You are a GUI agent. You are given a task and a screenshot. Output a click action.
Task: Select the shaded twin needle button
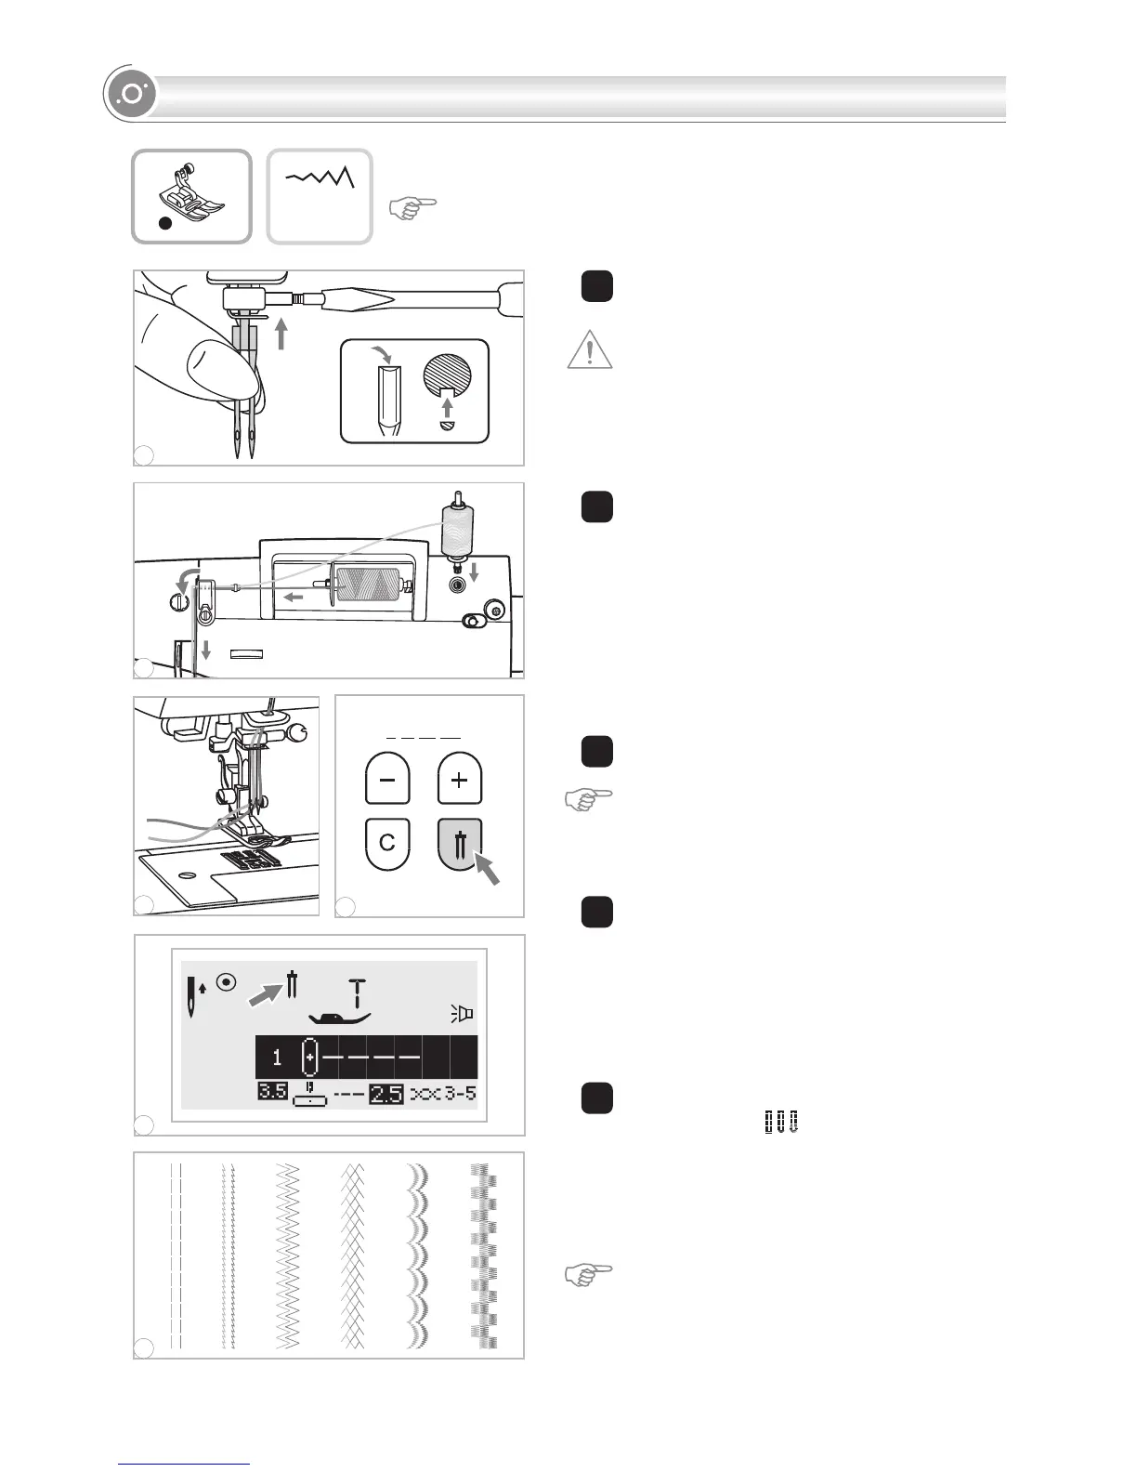(x=459, y=843)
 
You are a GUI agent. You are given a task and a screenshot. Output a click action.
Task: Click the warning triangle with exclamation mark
(x=589, y=350)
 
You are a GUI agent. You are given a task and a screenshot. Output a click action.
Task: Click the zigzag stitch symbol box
(x=320, y=196)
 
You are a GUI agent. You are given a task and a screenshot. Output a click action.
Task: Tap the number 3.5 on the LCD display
(x=271, y=1093)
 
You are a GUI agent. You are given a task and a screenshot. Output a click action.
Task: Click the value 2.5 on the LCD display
(x=386, y=1094)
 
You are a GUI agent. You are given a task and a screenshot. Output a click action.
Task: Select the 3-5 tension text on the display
(x=459, y=1093)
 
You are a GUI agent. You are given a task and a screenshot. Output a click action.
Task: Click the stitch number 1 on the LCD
(x=277, y=1058)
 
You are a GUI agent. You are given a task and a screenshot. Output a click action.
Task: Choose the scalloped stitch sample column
(x=417, y=1255)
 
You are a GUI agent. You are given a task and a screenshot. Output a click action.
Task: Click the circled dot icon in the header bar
(x=131, y=96)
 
